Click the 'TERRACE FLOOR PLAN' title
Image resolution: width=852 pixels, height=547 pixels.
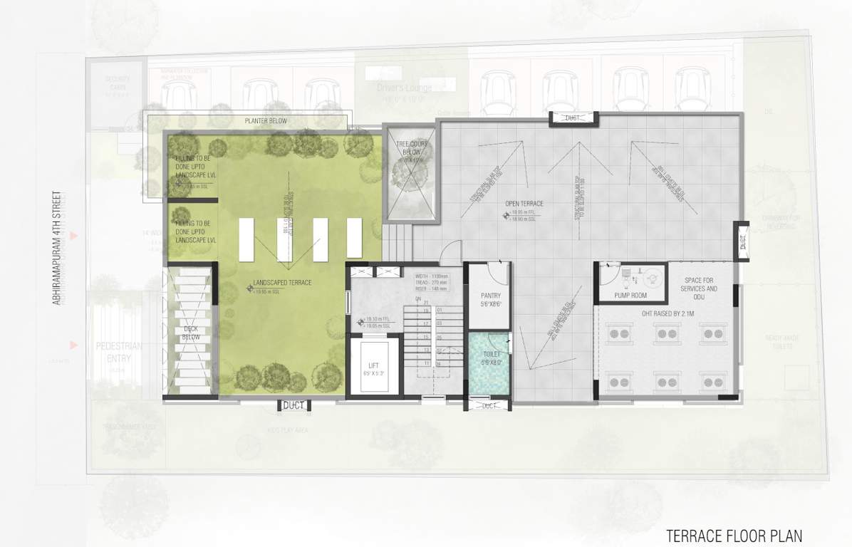pos(734,535)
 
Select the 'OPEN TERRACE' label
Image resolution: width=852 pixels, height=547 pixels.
pos(524,204)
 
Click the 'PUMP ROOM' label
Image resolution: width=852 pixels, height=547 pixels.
pos(630,296)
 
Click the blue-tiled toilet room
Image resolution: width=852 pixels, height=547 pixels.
pos(489,365)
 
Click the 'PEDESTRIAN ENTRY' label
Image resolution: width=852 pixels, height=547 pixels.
pos(118,351)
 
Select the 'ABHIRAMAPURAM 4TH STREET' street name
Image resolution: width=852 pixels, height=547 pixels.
pos(59,248)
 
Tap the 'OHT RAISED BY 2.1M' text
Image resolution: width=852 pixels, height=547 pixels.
pos(662,311)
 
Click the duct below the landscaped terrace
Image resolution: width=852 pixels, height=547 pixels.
pos(293,405)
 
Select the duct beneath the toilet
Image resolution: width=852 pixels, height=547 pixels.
pos(488,406)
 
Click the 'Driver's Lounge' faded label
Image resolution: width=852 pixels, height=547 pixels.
pos(404,88)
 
